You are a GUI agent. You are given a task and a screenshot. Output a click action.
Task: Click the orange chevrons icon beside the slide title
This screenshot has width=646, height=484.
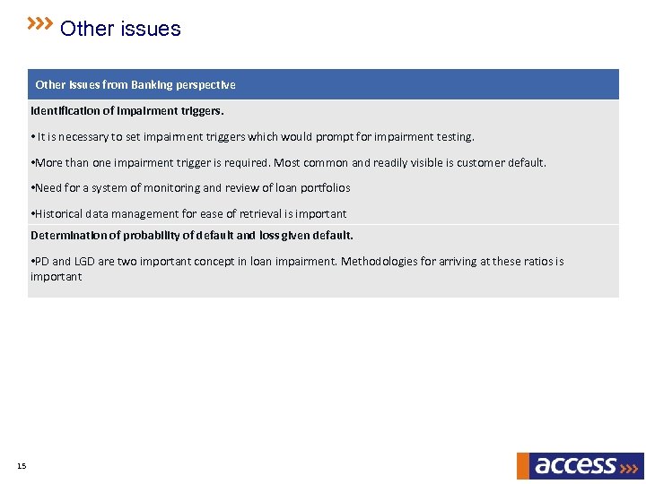[39, 23]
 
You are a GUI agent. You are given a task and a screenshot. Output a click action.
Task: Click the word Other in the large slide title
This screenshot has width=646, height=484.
[87, 29]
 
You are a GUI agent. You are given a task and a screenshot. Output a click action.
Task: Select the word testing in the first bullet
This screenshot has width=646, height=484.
[454, 137]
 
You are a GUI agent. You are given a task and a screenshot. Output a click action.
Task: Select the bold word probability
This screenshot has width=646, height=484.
[156, 236]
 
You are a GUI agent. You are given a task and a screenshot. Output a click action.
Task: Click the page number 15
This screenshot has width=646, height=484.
[22, 466]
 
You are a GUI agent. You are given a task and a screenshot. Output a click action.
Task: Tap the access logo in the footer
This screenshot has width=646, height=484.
[580, 465]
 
